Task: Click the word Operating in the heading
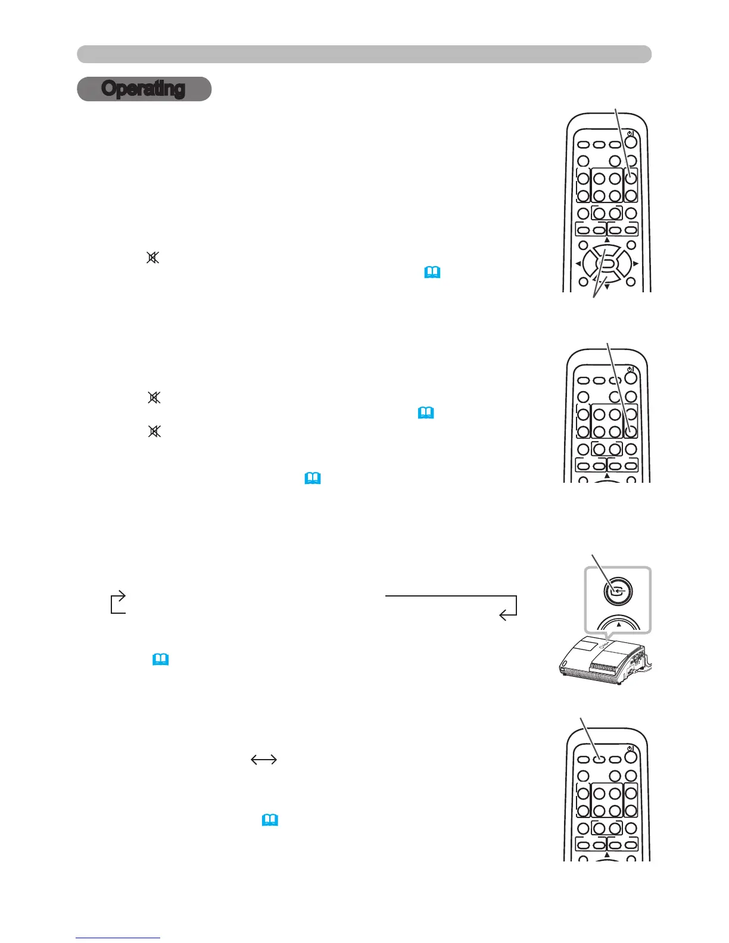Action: point(144,89)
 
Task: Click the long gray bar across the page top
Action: point(364,54)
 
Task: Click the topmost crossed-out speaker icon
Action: point(153,258)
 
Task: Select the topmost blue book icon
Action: point(432,273)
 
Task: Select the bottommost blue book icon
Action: point(270,820)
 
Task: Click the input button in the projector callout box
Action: point(619,591)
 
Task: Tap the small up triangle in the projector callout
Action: point(619,625)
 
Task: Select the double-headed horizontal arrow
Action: point(264,759)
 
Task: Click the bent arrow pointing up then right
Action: point(118,601)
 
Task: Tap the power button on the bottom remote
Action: point(631,758)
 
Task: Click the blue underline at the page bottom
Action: point(118,938)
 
